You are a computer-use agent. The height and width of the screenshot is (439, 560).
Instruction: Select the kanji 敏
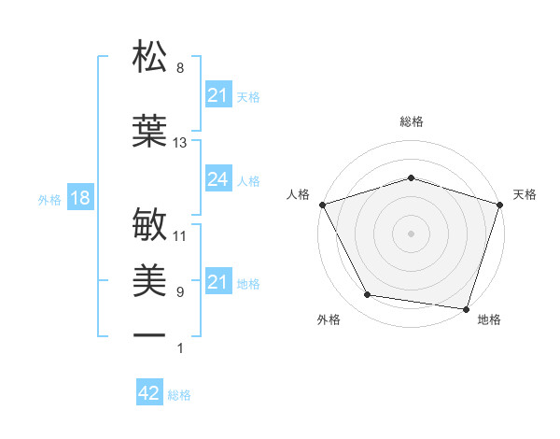(150, 226)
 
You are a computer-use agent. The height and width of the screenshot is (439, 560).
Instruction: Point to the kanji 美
(150, 280)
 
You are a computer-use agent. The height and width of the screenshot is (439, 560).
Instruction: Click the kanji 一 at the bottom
(150, 335)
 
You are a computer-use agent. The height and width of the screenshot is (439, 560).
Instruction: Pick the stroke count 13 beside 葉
(180, 143)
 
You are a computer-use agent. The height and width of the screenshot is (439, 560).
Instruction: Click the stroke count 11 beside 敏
(180, 236)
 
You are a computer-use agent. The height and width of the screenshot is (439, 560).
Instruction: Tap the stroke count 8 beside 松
(180, 68)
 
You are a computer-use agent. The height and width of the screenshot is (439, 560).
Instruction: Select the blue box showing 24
(217, 179)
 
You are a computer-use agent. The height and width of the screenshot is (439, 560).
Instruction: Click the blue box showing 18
(79, 198)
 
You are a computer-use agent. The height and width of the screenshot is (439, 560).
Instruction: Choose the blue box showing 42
(149, 393)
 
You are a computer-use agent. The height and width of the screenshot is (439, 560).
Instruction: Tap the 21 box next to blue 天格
(217, 95)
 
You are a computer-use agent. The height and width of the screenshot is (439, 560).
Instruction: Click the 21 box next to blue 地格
(217, 282)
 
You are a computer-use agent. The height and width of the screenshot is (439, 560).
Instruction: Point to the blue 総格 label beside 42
(179, 395)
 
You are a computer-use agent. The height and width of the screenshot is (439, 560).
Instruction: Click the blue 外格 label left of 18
(49, 199)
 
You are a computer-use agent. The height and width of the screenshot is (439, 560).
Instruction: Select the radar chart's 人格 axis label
(299, 194)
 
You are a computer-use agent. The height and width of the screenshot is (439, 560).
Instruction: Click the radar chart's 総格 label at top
(411, 121)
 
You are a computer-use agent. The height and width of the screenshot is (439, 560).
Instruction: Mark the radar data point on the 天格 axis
(499, 204)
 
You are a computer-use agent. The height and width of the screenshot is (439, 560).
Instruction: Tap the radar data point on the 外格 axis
(368, 295)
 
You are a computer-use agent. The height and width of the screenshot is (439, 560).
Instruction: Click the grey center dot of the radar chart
(411, 233)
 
